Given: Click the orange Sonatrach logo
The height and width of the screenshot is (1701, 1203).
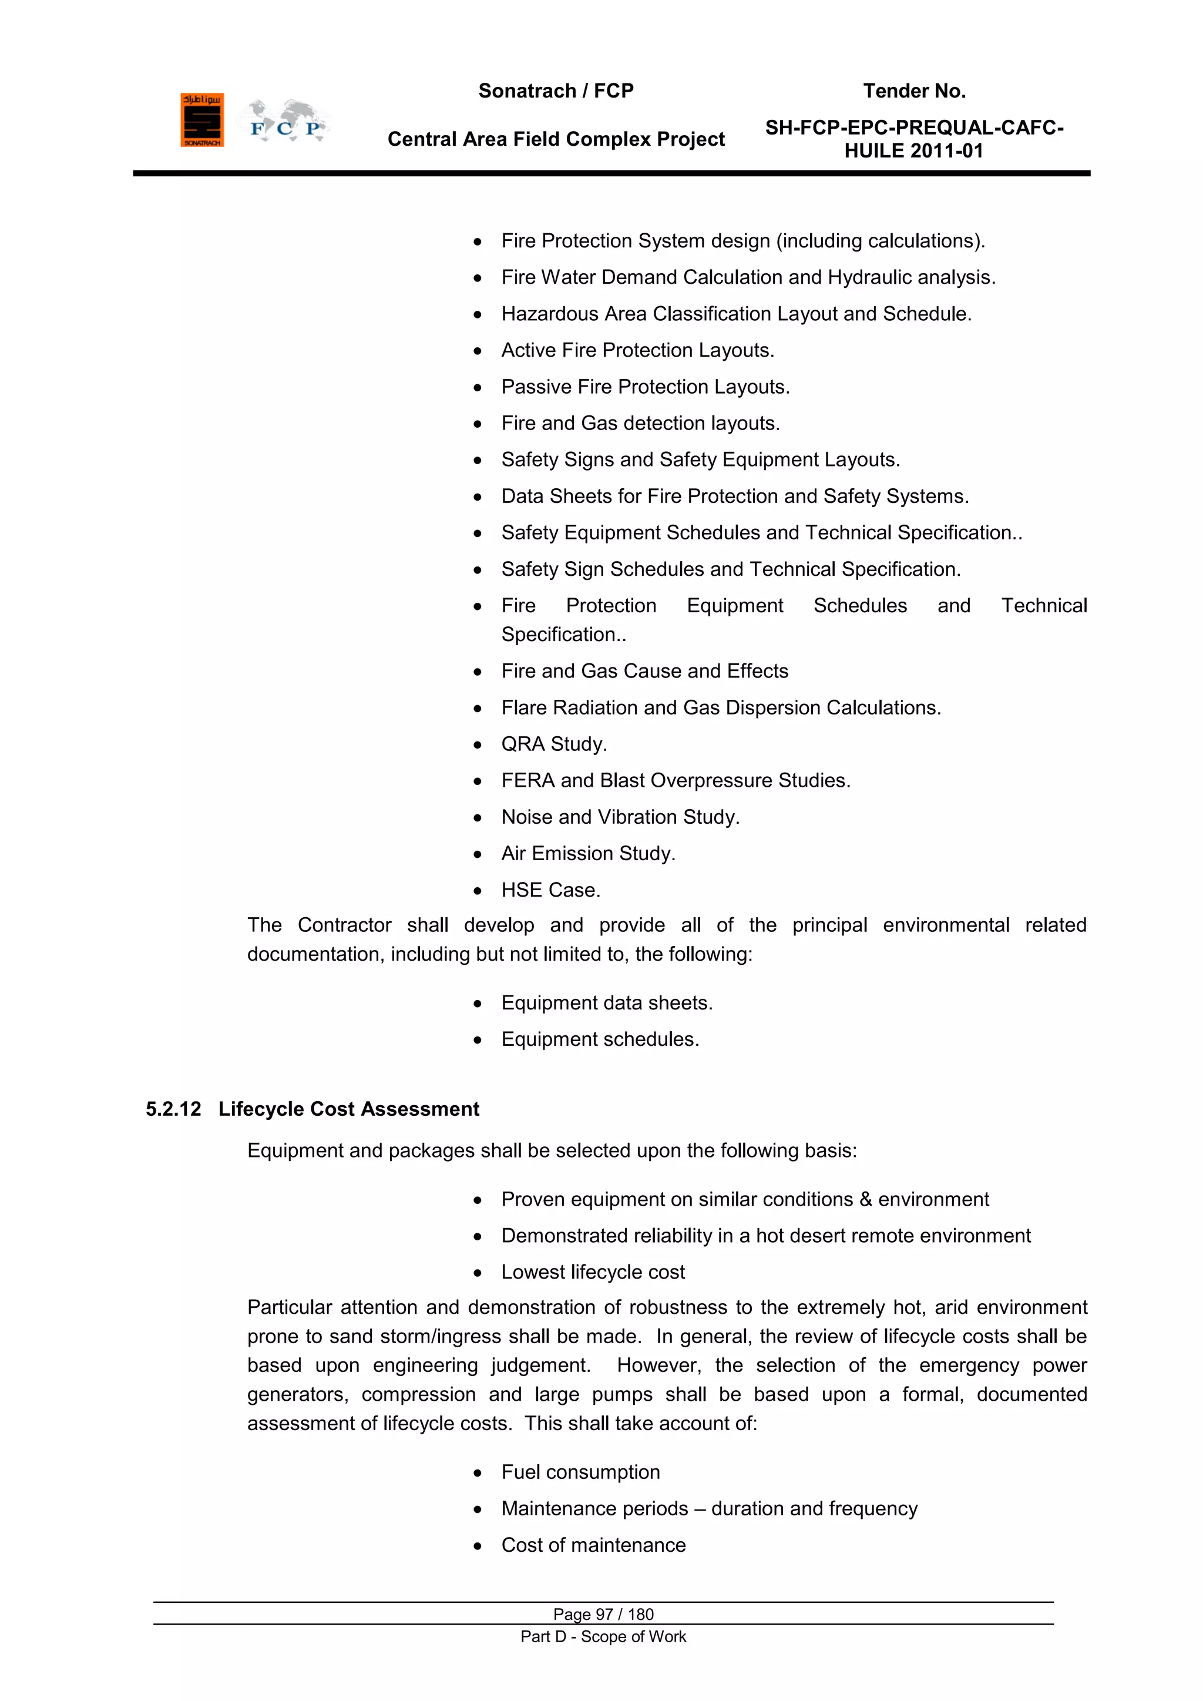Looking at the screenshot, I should click(201, 120).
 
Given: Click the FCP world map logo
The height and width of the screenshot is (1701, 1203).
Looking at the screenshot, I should click(284, 121).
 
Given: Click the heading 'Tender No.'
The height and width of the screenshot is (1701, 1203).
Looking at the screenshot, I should click(913, 91).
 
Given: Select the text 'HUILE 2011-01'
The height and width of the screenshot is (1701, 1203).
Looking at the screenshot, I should click(913, 151).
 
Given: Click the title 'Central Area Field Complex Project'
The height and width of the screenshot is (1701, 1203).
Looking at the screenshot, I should click(556, 139).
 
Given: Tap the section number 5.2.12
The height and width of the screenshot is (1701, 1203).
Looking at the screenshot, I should click(173, 1109).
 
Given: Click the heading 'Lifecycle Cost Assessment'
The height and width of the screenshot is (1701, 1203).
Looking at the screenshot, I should click(348, 1109).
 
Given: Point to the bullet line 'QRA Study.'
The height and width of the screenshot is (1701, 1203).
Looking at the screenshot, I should click(553, 744).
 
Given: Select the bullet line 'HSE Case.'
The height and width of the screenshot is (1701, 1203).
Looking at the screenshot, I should click(550, 890).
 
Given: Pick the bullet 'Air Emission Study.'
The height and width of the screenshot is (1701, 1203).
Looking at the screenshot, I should click(588, 854).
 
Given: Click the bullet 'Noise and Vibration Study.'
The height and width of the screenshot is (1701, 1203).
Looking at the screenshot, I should click(620, 817).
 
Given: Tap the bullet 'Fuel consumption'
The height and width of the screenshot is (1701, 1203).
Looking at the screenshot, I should click(580, 1472).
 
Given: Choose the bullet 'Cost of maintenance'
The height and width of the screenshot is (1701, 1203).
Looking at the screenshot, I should click(593, 1545).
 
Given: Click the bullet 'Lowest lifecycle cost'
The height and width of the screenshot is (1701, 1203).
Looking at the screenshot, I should click(593, 1272).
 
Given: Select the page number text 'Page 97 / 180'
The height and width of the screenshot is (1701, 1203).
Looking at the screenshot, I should click(603, 1614).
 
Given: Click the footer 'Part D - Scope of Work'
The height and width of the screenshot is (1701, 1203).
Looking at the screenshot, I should click(603, 1636).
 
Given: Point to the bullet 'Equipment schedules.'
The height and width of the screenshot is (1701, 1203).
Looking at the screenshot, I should click(600, 1039).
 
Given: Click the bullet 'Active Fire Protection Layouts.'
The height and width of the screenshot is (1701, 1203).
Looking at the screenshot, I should click(637, 350).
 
